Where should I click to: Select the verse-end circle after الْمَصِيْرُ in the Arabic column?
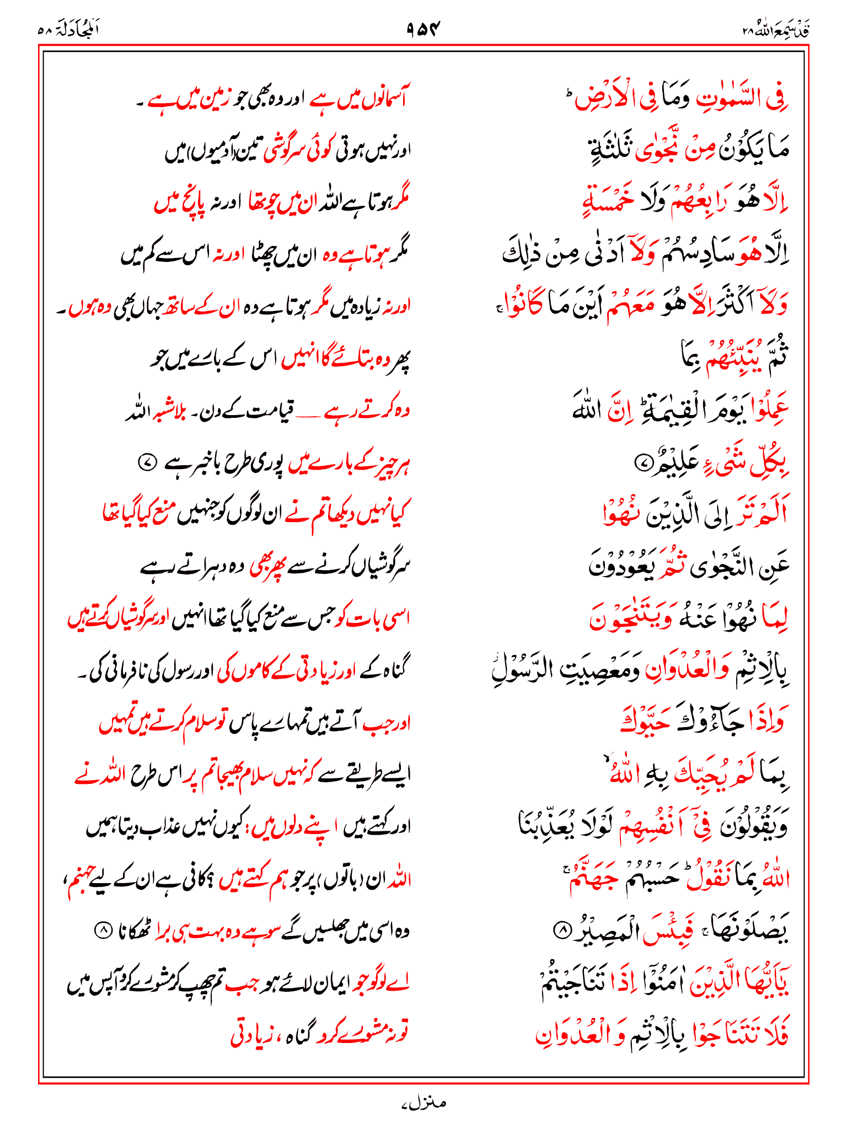pyautogui.click(x=561, y=931)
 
